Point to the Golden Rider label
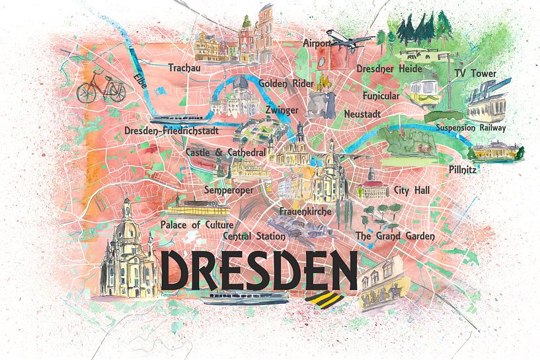[282, 84]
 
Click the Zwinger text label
[281, 110]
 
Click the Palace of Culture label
[196, 225]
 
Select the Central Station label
[254, 236]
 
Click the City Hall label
[411, 190]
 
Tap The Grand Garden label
[395, 236]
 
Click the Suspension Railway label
[470, 127]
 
